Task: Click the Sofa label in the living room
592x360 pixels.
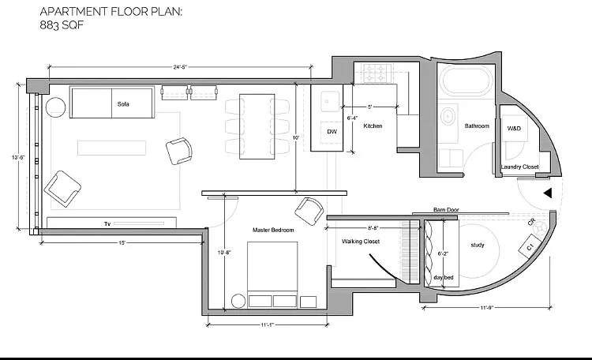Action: [123, 104]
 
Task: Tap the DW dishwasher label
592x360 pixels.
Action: [332, 132]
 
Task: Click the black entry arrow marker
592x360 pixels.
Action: [548, 193]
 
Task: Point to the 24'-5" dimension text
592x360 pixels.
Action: [180, 67]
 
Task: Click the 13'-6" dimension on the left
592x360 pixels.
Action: [18, 157]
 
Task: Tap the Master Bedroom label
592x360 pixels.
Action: [273, 230]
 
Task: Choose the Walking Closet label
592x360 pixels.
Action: [361, 242]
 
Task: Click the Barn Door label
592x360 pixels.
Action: [446, 210]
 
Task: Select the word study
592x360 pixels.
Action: [478, 246]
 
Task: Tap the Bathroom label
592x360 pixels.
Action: [477, 126]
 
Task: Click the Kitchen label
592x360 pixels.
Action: [373, 126]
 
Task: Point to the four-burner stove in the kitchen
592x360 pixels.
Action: [377, 73]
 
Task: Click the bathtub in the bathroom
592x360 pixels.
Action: [467, 80]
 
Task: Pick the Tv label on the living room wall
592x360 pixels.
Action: [107, 224]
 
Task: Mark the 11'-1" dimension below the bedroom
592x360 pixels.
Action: [267, 325]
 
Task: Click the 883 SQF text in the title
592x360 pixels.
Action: [62, 25]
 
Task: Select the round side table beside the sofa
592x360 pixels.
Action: [55, 107]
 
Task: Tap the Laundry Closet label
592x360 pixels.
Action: [519, 167]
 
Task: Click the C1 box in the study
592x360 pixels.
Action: [530, 247]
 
